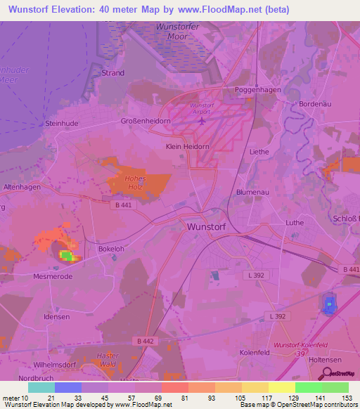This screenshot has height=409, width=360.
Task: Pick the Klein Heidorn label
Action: [x=184, y=147]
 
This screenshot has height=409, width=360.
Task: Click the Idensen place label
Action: [x=56, y=317]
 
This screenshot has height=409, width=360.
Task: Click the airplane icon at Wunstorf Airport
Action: [x=202, y=119]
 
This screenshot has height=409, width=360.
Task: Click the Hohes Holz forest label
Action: [x=136, y=186]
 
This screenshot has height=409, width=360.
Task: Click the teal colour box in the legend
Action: [x=41, y=387]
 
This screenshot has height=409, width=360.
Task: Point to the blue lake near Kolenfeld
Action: [x=328, y=304]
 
